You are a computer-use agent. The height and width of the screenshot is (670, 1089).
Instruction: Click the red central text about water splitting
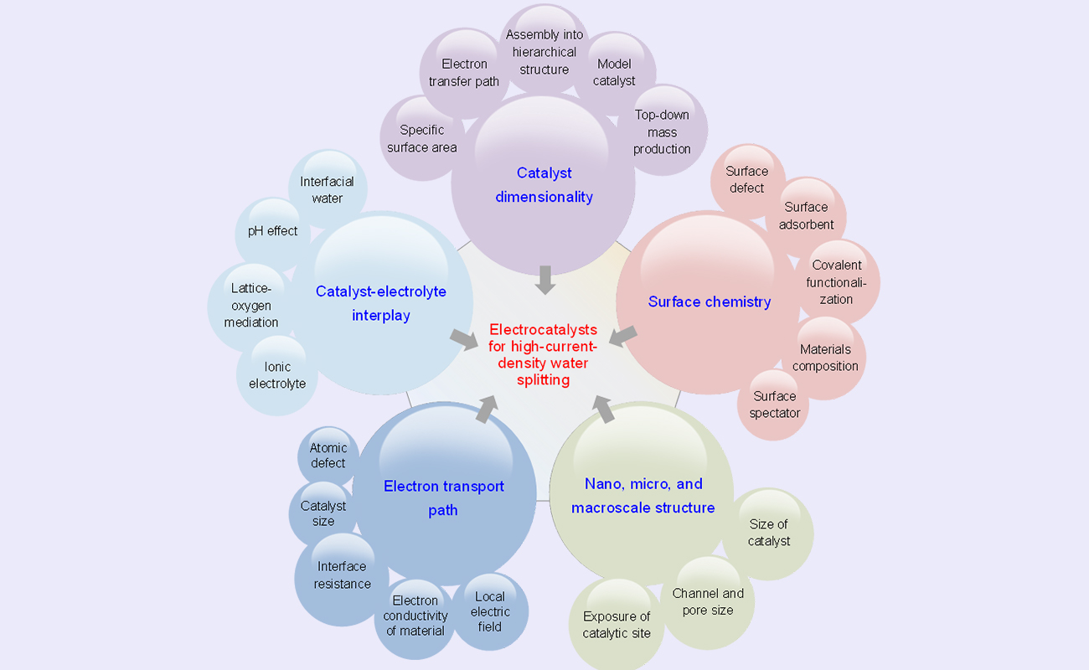point(543,354)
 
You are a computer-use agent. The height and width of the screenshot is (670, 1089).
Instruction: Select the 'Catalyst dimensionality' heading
point(544,185)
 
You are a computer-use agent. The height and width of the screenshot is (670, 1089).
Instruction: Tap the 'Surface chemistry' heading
point(710,301)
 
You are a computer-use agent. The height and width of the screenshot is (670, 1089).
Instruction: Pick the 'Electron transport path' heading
point(443,497)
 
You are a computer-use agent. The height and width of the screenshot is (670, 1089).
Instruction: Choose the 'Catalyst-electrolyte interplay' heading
point(381,303)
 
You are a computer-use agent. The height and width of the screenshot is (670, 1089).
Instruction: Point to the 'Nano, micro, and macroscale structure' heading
point(643,496)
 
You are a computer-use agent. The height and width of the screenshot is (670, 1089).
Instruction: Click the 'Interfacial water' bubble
point(327,190)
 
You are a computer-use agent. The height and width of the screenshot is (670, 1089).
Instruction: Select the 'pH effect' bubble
point(272,231)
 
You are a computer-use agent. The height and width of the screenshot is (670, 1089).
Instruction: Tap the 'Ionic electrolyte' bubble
point(277,375)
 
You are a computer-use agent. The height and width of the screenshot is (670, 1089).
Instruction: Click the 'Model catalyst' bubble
point(614,73)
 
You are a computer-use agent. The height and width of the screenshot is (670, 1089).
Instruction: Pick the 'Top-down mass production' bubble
point(662,132)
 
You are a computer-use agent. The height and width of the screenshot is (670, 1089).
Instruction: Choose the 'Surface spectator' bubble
point(775,405)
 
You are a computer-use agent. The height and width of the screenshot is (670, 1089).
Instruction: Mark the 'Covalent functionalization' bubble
point(836,282)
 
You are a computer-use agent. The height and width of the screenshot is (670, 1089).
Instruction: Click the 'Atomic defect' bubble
point(328,456)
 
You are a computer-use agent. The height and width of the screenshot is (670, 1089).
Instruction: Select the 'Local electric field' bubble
point(490,611)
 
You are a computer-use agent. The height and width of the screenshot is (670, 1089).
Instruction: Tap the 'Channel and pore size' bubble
point(708,602)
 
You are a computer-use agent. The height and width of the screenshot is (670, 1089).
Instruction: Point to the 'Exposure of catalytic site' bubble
point(617,625)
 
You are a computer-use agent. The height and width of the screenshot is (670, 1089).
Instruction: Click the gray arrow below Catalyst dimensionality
point(545,279)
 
